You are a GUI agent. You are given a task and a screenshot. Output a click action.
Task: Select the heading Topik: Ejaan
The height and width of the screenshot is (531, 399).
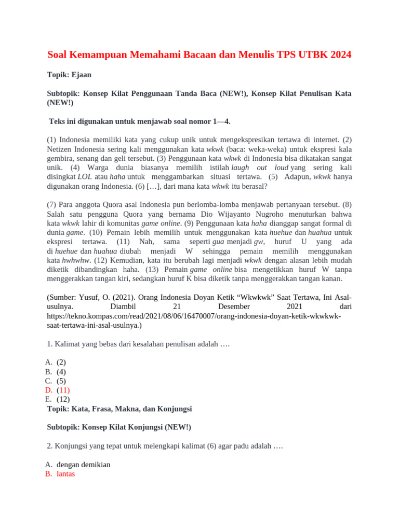(69, 75)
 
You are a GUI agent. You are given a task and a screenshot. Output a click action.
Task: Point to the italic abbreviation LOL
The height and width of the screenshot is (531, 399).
(85, 177)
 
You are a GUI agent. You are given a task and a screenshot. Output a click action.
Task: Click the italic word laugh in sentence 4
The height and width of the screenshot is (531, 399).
(240, 167)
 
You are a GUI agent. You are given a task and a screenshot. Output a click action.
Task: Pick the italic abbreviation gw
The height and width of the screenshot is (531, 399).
(259, 242)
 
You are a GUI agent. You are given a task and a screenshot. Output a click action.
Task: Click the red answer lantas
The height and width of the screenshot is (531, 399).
(66, 474)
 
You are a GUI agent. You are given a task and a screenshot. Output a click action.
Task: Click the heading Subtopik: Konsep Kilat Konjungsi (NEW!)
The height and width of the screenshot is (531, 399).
(119, 427)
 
